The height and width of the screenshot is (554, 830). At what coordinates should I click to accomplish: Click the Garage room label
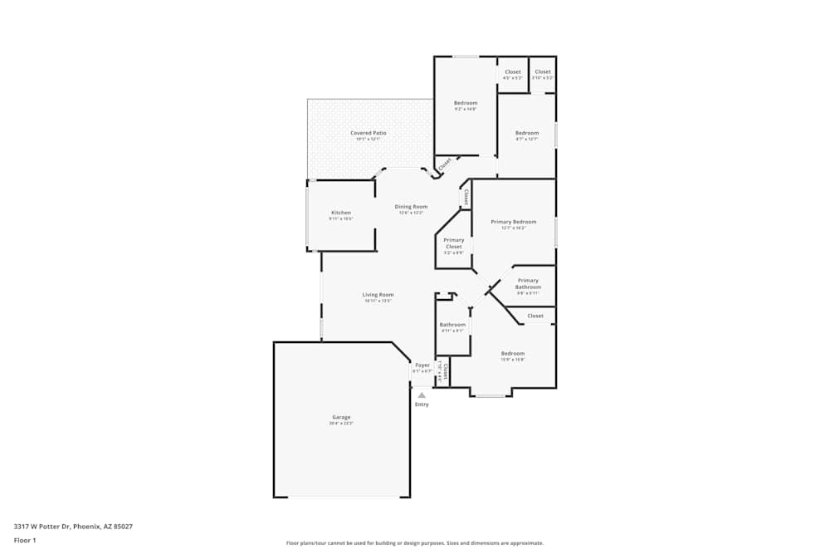(341, 417)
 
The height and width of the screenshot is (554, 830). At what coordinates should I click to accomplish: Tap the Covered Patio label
(368, 133)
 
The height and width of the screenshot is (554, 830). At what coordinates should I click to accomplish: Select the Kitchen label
(341, 213)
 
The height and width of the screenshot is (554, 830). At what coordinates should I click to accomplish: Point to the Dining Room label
(411, 207)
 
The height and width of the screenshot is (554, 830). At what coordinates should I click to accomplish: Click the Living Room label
(378, 295)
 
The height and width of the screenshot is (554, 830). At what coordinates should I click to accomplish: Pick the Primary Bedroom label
(513, 222)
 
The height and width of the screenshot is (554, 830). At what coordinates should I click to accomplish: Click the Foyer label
(422, 365)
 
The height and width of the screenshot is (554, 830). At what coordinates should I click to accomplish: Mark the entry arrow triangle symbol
(422, 395)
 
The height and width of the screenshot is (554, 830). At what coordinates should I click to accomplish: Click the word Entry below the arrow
(422, 404)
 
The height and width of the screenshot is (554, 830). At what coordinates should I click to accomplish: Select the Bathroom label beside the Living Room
(452, 325)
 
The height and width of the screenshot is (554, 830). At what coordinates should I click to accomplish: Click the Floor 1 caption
(25, 540)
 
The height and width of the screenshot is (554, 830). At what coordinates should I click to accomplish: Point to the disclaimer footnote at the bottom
(415, 543)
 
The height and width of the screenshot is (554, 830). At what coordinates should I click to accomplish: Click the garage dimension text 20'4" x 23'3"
(341, 424)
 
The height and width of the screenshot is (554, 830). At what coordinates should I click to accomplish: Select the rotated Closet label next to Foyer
(446, 370)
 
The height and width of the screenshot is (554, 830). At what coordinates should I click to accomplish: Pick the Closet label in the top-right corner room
(542, 71)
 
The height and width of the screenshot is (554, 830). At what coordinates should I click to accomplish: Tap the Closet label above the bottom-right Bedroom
(535, 316)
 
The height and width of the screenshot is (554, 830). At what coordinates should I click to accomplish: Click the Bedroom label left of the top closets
(466, 103)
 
